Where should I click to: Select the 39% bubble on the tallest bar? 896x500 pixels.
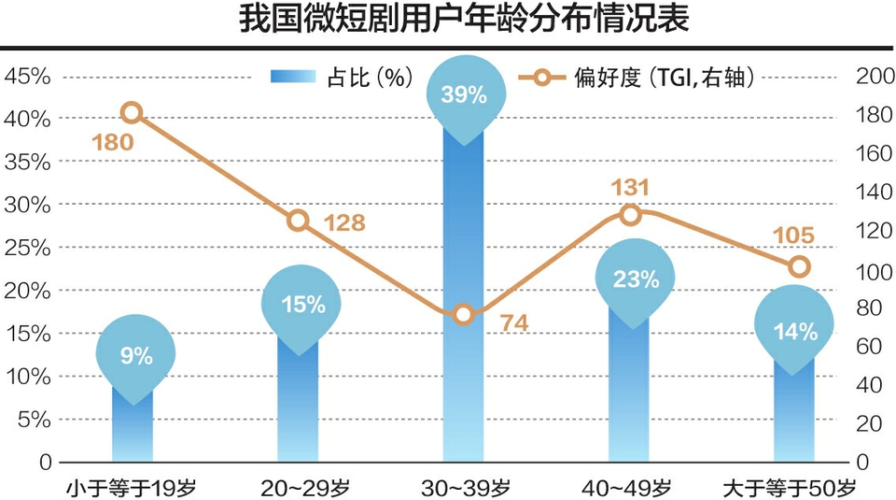pyautogui.click(x=464, y=93)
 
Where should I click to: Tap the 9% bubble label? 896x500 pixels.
pyautogui.click(x=135, y=356)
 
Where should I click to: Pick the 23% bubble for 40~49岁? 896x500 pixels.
pyautogui.click(x=636, y=279)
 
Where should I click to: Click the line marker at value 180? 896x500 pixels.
pyautogui.click(x=132, y=113)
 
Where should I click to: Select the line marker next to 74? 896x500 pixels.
pyautogui.click(x=464, y=315)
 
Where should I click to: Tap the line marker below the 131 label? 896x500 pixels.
pyautogui.click(x=630, y=215)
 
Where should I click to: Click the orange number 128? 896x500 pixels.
pyautogui.click(x=344, y=223)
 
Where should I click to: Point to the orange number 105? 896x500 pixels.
pyautogui.click(x=794, y=236)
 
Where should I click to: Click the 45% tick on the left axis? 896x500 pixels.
pyautogui.click(x=27, y=77)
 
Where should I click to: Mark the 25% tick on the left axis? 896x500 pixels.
pyautogui.click(x=27, y=248)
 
